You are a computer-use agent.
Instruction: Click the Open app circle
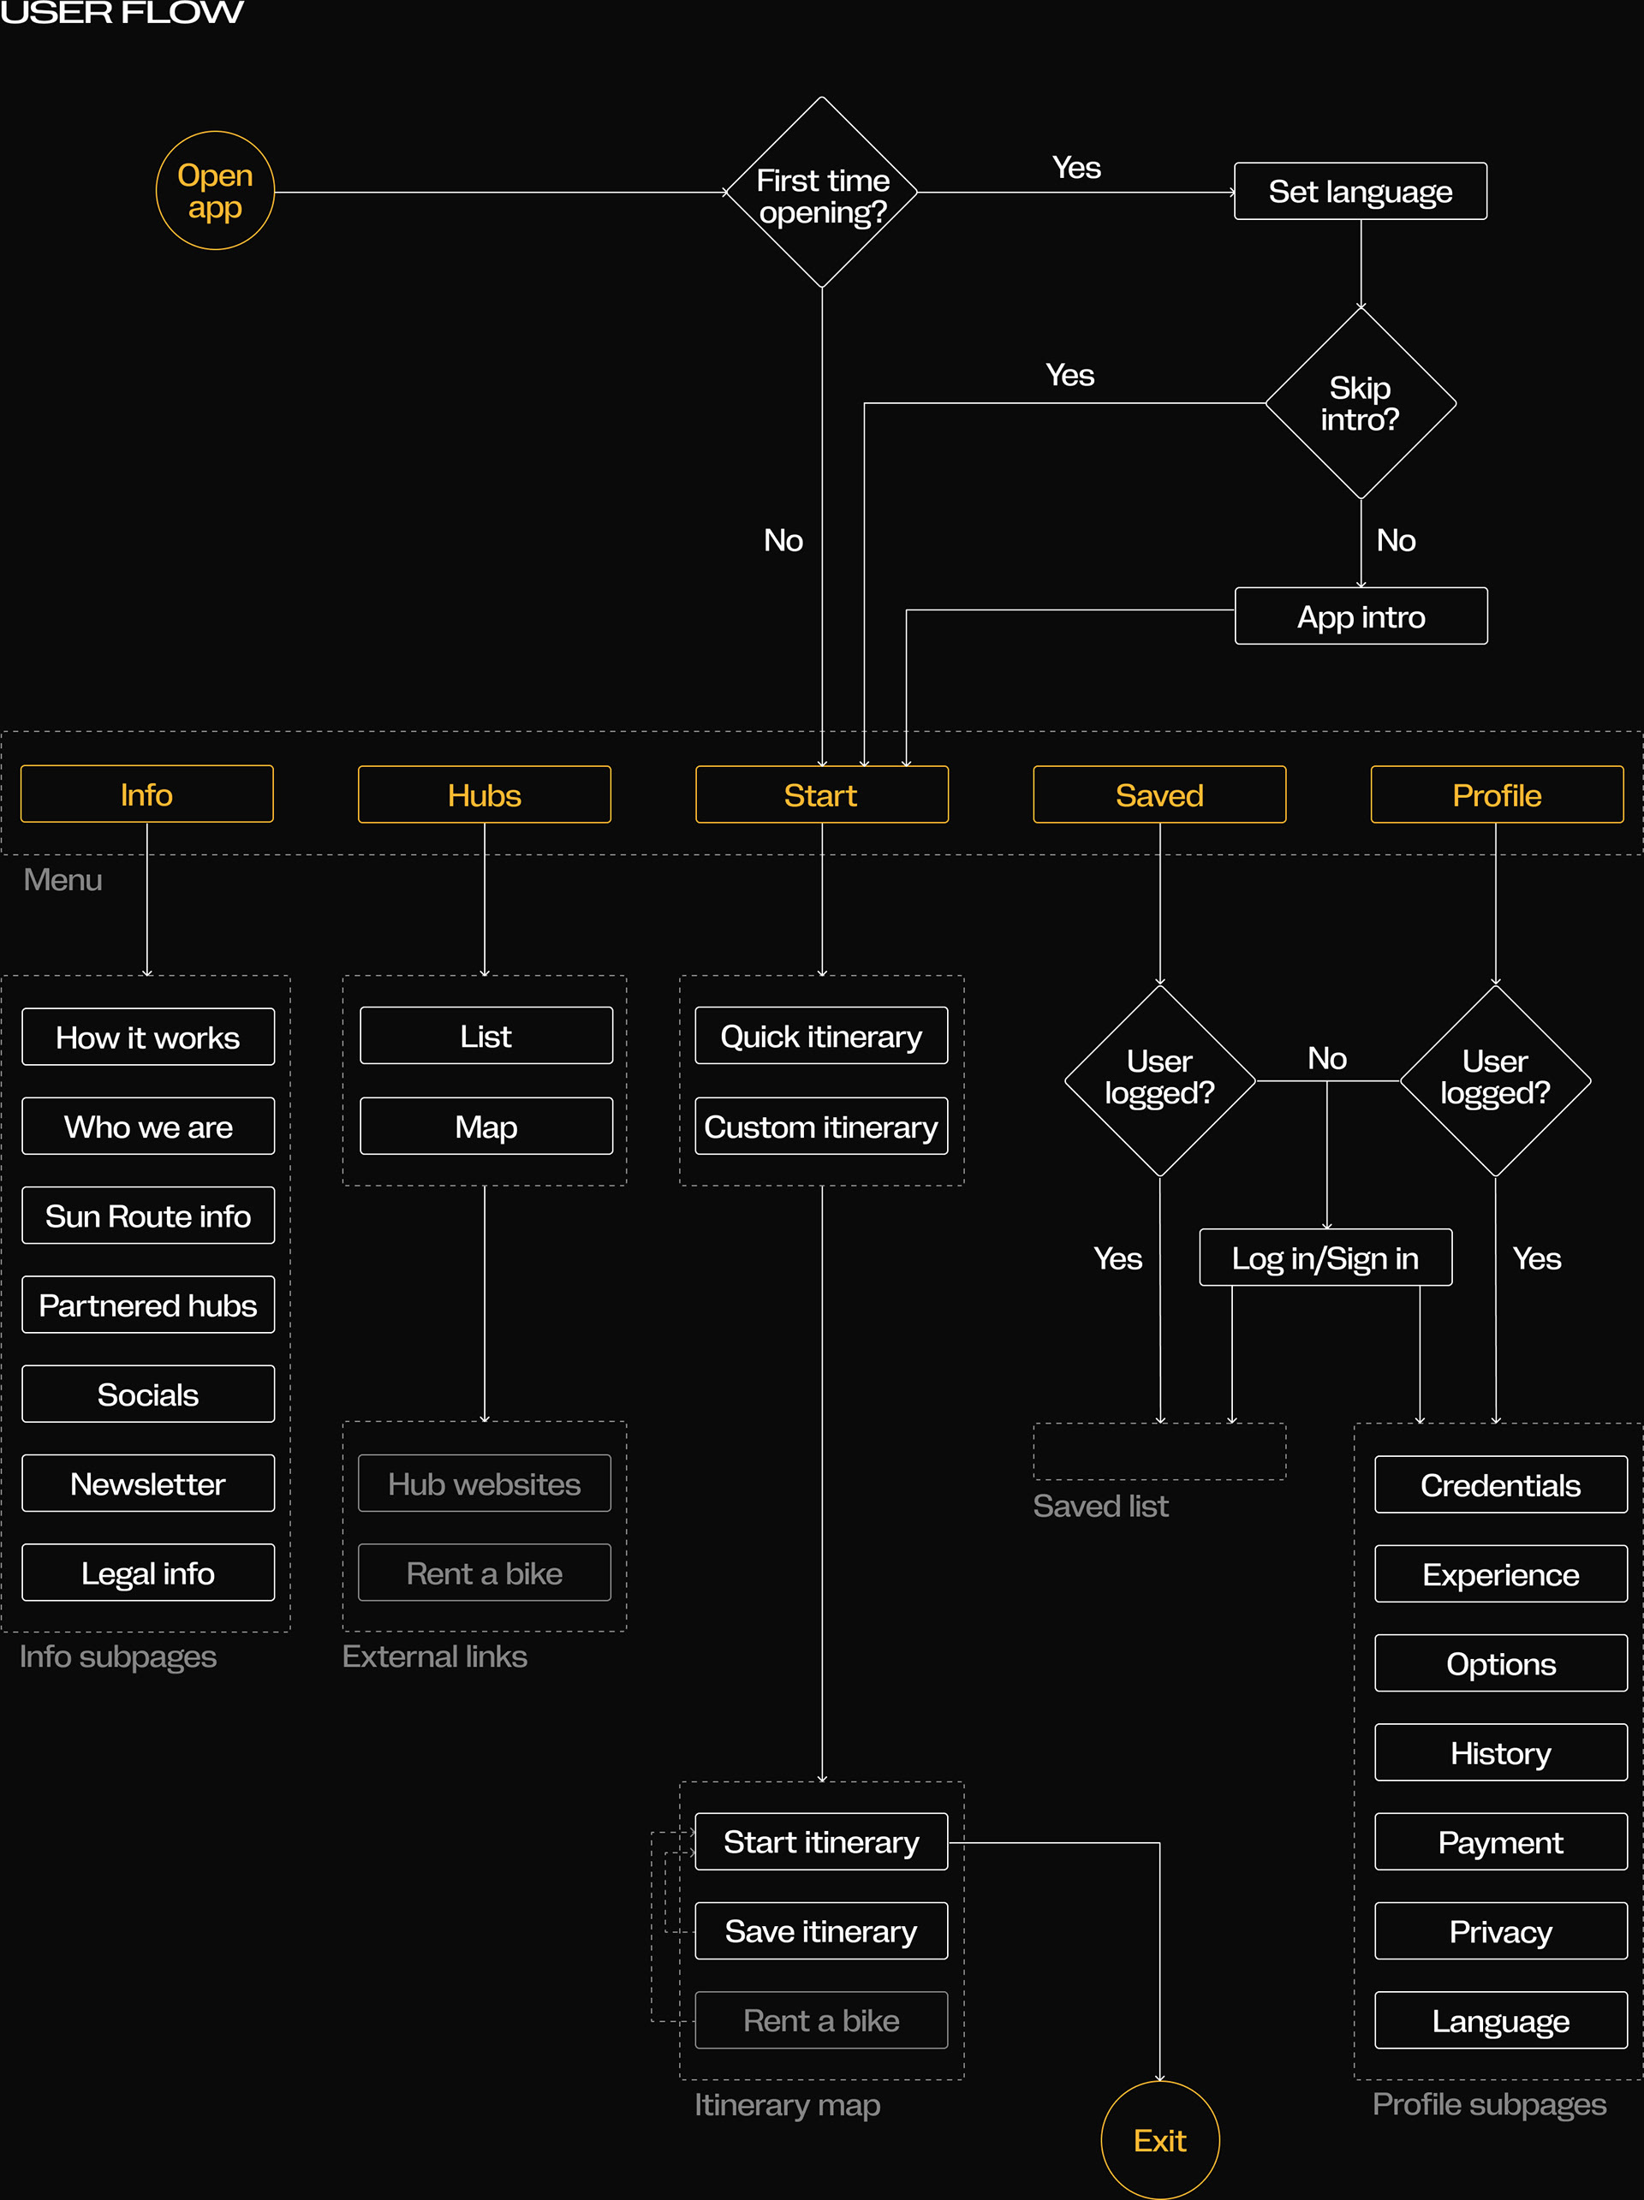[x=215, y=191]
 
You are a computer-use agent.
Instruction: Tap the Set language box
[x=1360, y=191]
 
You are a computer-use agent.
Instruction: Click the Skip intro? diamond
[x=1360, y=403]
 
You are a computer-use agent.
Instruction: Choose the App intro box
[x=1361, y=616]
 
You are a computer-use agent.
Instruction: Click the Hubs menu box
[x=485, y=794]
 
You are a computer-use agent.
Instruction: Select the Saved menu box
[x=1159, y=794]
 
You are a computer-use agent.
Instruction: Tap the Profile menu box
[x=1496, y=794]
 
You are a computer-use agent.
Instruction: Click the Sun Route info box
[x=148, y=1216]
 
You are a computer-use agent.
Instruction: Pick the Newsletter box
[x=148, y=1483]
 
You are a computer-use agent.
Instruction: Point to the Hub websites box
[x=485, y=1483]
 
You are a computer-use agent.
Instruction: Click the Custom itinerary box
[x=821, y=1126]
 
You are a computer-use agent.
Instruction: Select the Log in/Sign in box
[x=1325, y=1258]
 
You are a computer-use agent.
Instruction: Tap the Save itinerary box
[x=821, y=1930]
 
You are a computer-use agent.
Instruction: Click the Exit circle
[x=1159, y=2139]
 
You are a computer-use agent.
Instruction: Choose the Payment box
[x=1500, y=1842]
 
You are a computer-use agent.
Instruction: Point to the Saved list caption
[x=1100, y=1506]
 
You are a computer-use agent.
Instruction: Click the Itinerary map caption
[x=787, y=2104]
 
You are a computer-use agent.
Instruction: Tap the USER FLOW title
[x=122, y=12]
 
